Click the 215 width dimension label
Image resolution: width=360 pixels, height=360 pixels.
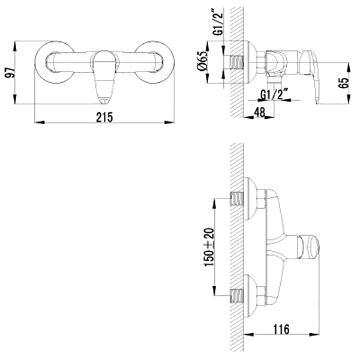104,117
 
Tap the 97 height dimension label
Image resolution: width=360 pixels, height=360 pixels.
10,73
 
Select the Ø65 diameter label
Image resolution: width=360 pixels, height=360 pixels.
202,61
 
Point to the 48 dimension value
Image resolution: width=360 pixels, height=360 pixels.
259,112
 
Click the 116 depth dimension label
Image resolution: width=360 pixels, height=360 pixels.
281,329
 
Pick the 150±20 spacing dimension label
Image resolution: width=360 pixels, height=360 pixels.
209,247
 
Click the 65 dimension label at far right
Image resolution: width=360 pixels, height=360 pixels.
343,83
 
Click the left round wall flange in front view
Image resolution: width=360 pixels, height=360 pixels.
55,62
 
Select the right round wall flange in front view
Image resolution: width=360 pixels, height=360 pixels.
154,62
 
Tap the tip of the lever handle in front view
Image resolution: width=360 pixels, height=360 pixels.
104,102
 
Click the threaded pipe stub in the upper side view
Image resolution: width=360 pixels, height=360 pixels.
236,62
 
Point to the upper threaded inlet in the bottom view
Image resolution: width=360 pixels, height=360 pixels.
236,199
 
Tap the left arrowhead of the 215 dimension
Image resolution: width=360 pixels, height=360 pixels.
40,122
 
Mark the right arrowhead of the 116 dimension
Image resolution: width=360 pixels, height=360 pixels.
315,334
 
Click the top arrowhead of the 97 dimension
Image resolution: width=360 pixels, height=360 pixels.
15,46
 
